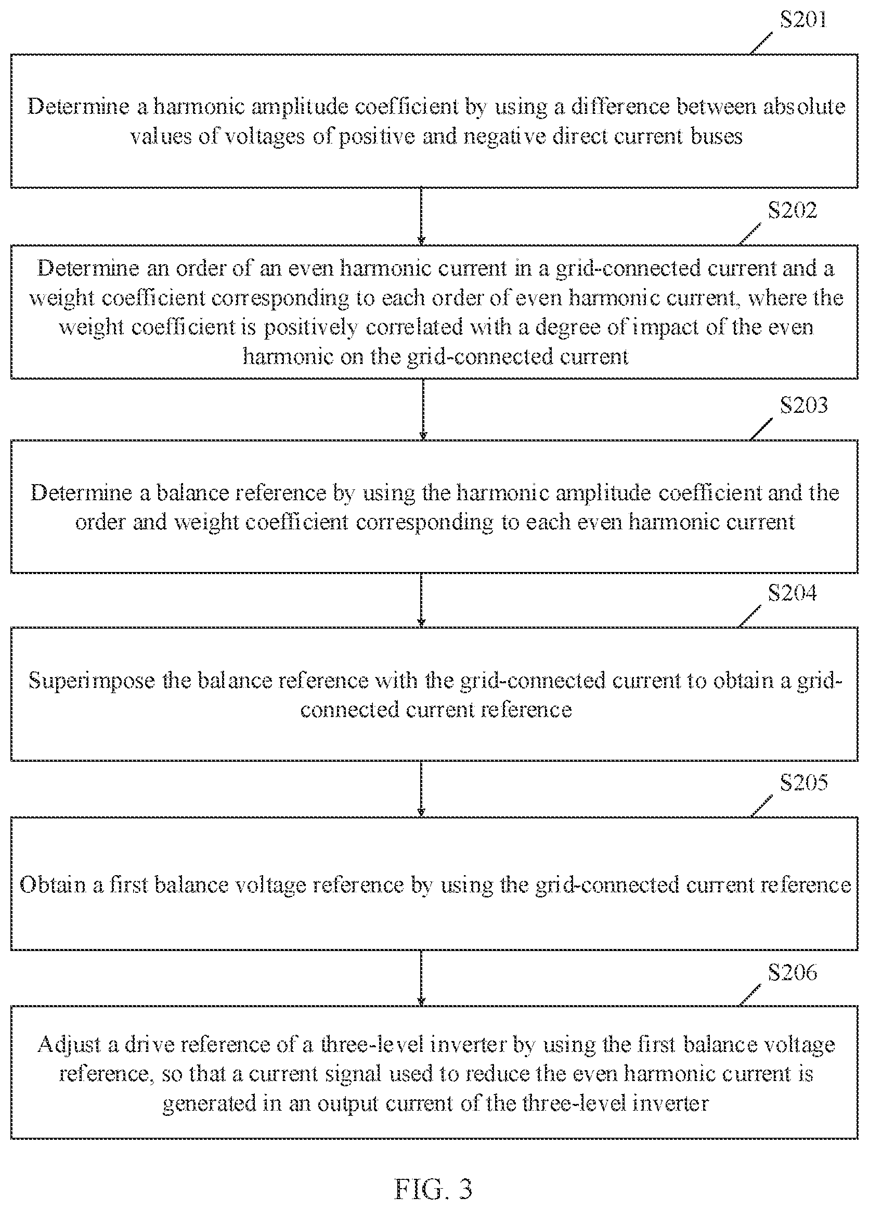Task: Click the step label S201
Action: pos(803,20)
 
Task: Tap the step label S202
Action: pos(792,210)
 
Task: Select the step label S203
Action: pos(803,405)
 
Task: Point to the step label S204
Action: pos(792,593)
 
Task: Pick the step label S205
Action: pos(803,782)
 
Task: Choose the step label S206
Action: pos(792,972)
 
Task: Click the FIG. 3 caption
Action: pos(433,1188)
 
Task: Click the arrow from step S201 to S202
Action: pos(421,216)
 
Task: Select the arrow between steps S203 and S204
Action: pos(421,600)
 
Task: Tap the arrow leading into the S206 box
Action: pos(421,979)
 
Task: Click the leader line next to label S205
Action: pos(762,805)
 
